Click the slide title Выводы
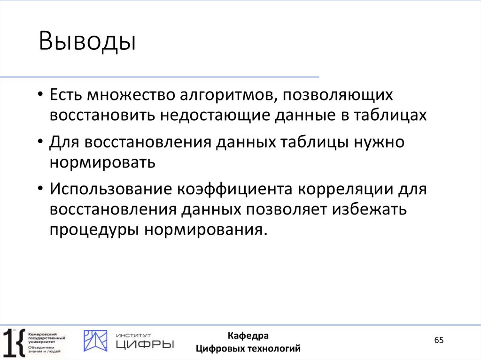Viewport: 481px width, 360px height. click(x=87, y=41)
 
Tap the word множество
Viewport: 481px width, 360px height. click(x=130, y=95)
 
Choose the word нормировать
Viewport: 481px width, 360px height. click(x=103, y=162)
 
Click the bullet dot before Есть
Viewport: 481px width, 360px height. click(x=41, y=96)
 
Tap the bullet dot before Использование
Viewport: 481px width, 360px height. click(x=41, y=190)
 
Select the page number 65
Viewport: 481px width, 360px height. click(x=439, y=340)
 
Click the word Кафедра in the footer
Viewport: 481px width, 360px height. click(x=248, y=336)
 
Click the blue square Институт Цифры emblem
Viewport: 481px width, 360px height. click(x=95, y=341)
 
